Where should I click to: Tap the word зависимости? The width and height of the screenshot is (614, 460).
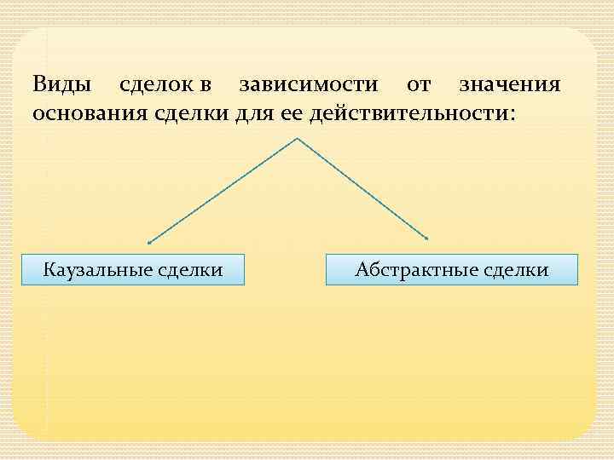coord(307,85)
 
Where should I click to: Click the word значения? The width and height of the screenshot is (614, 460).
coord(509,85)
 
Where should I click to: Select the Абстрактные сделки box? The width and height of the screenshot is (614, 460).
coord(452,270)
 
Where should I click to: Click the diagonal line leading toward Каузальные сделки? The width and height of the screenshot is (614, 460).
coord(222,190)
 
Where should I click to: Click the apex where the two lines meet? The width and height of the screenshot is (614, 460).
coord(296,138)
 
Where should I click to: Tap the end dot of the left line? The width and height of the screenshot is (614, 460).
coord(149,242)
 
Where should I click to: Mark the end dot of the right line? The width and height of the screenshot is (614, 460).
coord(427,238)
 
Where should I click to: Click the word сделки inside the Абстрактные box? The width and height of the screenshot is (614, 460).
coord(516,270)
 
